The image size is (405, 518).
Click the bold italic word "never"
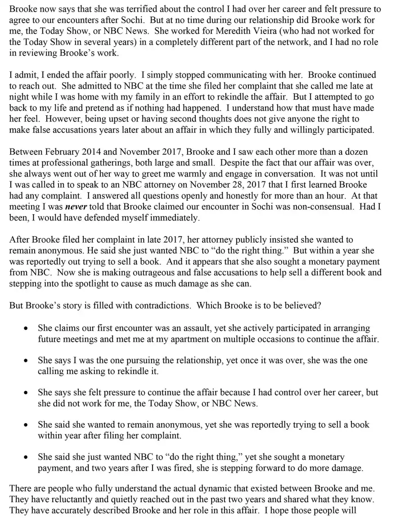76,207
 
